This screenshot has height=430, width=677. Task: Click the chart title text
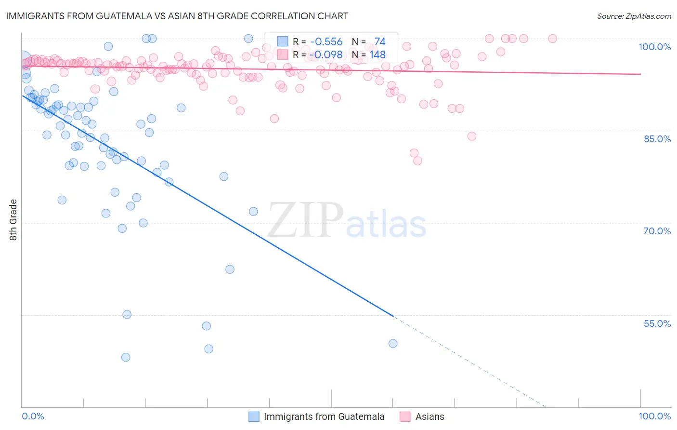coord(176,16)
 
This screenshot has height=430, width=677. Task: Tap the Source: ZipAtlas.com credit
coord(634,16)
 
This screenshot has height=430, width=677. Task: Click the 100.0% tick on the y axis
coord(654,47)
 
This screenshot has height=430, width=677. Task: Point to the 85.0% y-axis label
coord(657,139)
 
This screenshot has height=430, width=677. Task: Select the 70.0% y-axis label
coord(657,231)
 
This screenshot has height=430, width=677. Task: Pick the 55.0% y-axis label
coord(657,323)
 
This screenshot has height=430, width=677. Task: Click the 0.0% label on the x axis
coord(33,416)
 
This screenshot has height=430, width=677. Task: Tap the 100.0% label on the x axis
coord(654,416)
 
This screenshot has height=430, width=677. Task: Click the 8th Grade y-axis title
coord(13,220)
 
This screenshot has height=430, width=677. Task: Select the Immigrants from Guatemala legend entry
coord(324,417)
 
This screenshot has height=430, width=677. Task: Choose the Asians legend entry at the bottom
coord(430,417)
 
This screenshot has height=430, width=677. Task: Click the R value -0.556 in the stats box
coord(326,42)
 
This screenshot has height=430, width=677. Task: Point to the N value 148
coord(377,55)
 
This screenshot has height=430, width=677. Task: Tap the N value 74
coord(379,42)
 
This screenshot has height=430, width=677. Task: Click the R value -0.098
coord(326,55)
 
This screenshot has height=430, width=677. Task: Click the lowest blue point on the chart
coord(126,357)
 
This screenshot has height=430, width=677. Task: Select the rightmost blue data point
coord(393,343)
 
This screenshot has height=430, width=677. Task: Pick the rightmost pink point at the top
coord(552,39)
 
